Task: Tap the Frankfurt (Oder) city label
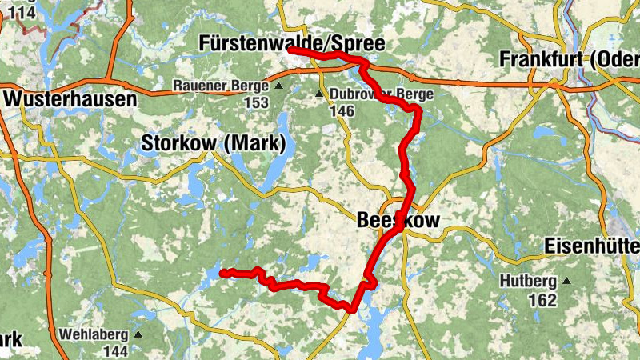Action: click(x=569, y=59)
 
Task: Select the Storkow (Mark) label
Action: click(x=213, y=144)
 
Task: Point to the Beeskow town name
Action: click(x=398, y=219)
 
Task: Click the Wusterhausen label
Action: click(x=70, y=99)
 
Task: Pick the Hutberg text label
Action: click(x=529, y=281)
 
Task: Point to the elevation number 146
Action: click(x=342, y=110)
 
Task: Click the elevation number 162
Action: click(x=542, y=300)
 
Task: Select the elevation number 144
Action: click(x=115, y=350)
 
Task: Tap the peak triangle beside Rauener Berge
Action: click(x=278, y=86)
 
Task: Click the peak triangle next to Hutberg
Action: click(x=566, y=281)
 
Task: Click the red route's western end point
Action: click(x=221, y=273)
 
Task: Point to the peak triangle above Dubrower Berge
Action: click(x=318, y=94)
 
